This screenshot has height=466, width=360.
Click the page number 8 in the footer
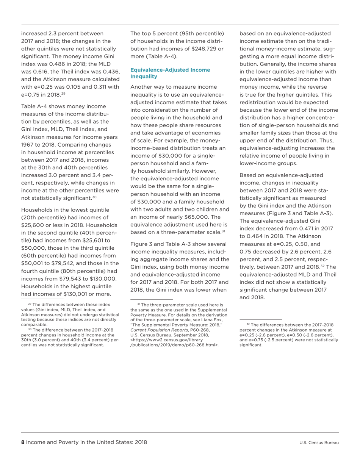click(23, 442)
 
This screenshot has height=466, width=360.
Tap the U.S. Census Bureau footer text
click(319, 443)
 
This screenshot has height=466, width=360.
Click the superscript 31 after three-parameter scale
click(224, 231)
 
